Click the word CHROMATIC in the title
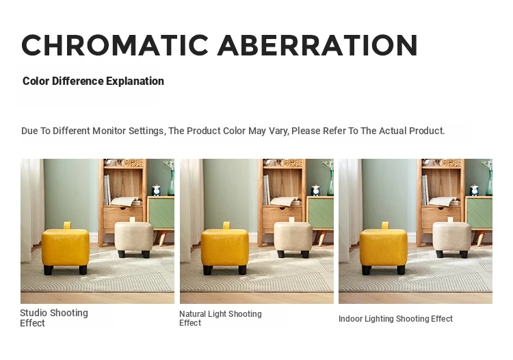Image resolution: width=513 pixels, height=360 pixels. [x=115, y=45]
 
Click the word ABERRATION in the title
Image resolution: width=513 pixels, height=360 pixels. [x=317, y=45]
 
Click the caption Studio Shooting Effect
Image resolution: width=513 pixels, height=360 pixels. [x=54, y=318]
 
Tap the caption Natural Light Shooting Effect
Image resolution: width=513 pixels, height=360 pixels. [x=220, y=318]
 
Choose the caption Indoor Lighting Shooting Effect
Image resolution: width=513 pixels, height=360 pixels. [x=395, y=319]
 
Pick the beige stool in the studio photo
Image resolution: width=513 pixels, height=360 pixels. [x=134, y=238]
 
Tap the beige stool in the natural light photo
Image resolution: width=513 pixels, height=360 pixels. [x=293, y=238]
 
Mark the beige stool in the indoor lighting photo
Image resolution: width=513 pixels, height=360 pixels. [x=452, y=238]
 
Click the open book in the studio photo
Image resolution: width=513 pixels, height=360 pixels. [x=125, y=201]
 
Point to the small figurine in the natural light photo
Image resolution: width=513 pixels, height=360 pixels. [x=315, y=190]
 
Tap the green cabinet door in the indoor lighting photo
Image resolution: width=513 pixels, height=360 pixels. [x=479, y=214]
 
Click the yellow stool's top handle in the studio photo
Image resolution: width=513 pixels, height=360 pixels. [x=67, y=225]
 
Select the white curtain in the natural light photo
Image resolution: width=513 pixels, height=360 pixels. [x=192, y=209]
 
